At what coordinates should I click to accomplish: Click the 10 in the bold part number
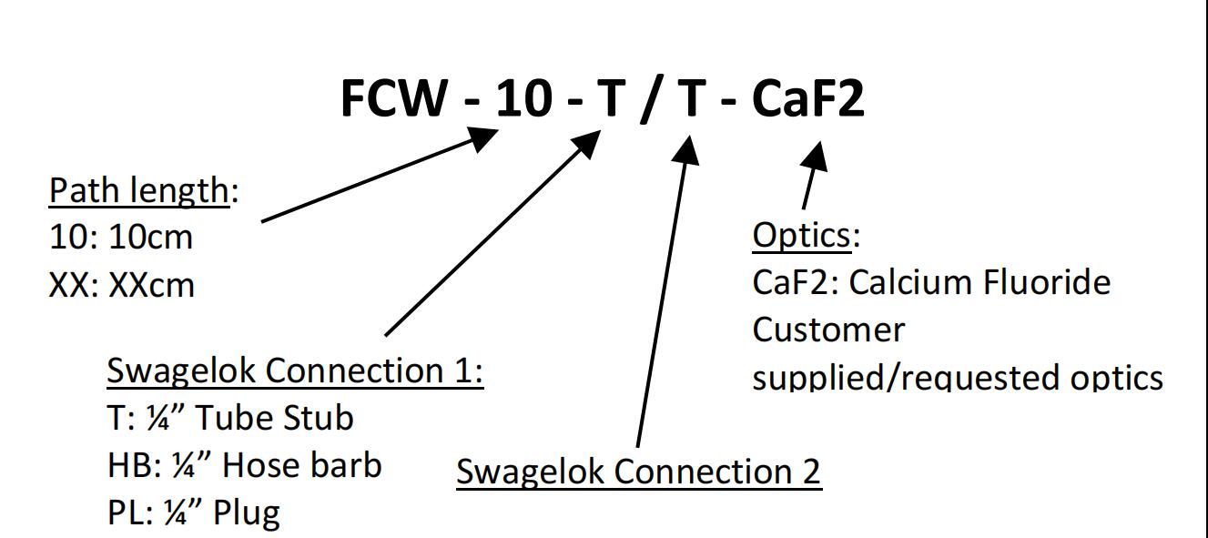coord(523,98)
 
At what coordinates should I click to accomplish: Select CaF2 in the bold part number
coord(807,98)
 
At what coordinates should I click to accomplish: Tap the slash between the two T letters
coord(649,100)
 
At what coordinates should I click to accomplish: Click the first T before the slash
coord(609,98)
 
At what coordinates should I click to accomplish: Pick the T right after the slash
coord(691,98)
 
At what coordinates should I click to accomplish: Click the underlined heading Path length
coord(137,190)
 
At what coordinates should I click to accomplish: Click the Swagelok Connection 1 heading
coord(295,371)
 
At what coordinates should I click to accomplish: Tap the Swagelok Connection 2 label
coord(638,471)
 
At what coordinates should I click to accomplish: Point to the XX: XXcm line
coord(122,285)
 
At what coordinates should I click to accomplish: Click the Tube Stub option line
coord(230,418)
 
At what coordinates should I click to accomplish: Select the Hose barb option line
coord(244,465)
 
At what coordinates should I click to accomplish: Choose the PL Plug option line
coord(194,513)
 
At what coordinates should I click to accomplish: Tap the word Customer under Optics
coord(828,330)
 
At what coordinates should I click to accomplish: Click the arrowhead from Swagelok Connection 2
coord(687,150)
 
